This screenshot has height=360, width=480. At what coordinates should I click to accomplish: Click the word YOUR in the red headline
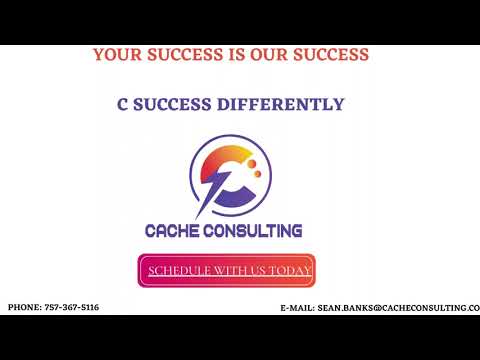point(116,55)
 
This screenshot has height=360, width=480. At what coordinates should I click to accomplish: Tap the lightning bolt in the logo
point(212,190)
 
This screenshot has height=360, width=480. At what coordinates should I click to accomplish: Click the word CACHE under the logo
point(177,231)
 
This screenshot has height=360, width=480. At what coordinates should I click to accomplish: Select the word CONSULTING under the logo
point(257,231)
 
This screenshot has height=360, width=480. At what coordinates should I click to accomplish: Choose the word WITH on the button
point(229,271)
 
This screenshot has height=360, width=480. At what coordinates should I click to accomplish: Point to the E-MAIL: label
point(297,309)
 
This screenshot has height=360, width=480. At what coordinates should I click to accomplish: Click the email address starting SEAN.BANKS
point(399,309)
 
